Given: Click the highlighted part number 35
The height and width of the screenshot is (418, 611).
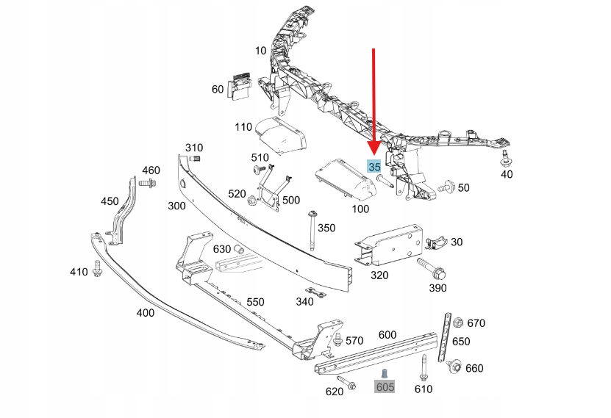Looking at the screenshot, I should point(374,167).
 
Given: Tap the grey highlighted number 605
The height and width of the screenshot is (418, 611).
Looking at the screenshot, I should point(385,386).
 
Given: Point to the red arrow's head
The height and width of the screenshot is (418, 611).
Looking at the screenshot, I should point(374,151).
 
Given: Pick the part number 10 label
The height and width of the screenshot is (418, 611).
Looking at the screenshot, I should point(261,51).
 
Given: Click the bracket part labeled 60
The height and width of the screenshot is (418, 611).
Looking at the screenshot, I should point(239,87).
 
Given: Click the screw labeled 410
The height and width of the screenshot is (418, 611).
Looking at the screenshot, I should point(97,270).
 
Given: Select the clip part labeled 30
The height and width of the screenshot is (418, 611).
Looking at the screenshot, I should point(435,240).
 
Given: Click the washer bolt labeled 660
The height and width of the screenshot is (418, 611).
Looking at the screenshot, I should point(453,367).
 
